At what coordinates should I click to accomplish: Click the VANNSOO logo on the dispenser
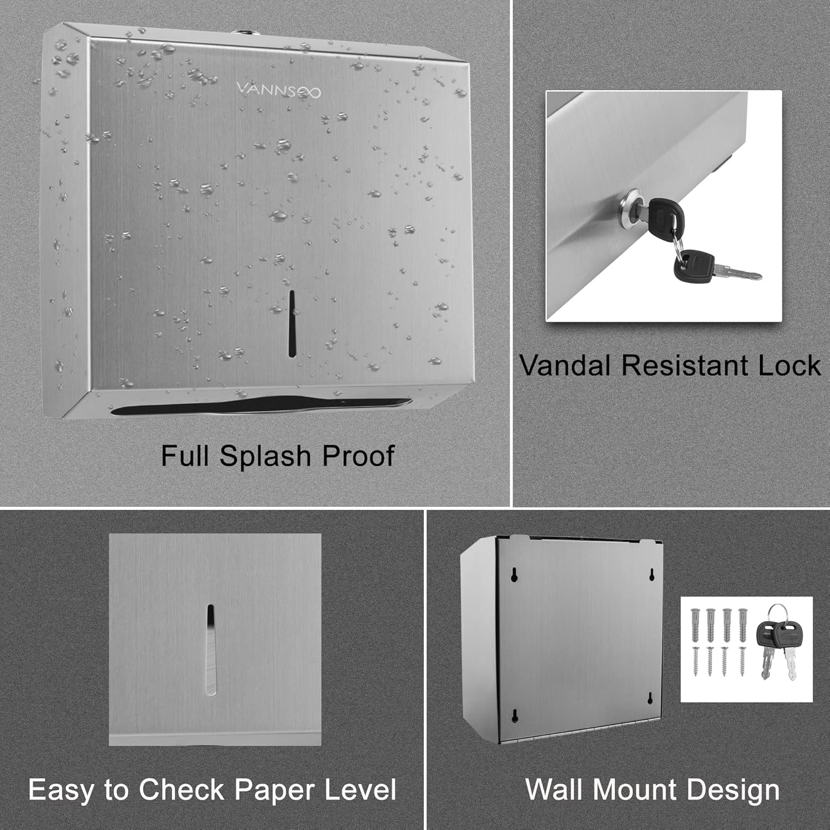tap(278, 90)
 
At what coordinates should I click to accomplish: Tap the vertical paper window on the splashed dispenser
tap(292, 323)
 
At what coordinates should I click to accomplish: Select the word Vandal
tap(566, 366)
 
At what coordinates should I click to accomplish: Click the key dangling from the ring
tap(717, 268)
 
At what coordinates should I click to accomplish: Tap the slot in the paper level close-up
tap(210, 650)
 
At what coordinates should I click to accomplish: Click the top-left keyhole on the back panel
tap(514, 575)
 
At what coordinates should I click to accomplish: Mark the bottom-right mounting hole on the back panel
tap(651, 699)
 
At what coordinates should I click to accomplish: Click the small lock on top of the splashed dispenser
tap(240, 33)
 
